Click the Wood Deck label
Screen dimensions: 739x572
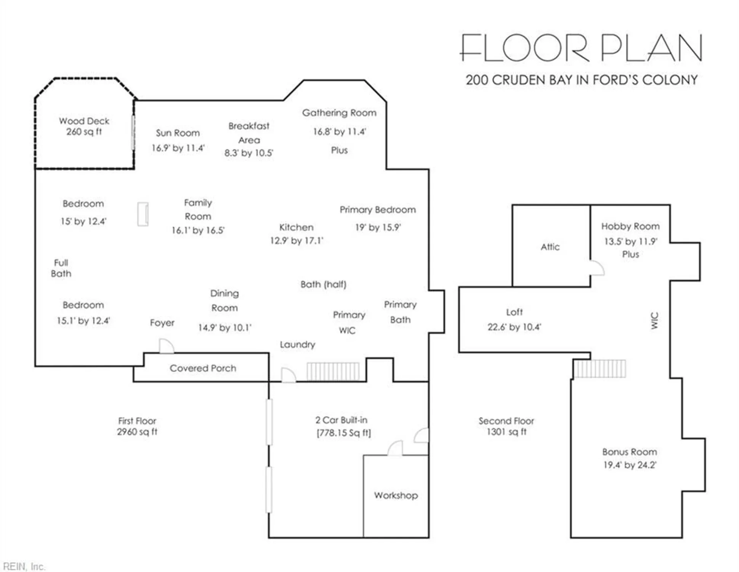[84, 121]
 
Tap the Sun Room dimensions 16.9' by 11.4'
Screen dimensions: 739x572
[178, 148]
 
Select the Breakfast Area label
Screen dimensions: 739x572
[249, 133]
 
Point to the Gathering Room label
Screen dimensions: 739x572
[339, 113]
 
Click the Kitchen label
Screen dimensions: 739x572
[297, 227]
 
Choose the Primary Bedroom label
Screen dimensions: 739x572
[378, 210]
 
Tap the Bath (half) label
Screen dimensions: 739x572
[324, 284]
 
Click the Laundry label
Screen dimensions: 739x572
[298, 345]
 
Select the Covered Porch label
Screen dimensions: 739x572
[203, 368]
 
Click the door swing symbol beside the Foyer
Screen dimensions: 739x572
[167, 346]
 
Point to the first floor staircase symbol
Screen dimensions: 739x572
[333, 371]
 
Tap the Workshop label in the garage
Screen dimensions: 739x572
[396, 495]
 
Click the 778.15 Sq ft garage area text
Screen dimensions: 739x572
[344, 433]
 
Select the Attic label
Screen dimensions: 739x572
[550, 247]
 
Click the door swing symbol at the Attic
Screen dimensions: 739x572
[597, 268]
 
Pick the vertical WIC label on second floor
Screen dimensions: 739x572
[654, 321]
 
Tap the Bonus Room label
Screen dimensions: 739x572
[630, 452]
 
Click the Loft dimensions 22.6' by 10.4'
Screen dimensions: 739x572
[515, 327]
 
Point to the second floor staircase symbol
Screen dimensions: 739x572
[600, 369]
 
